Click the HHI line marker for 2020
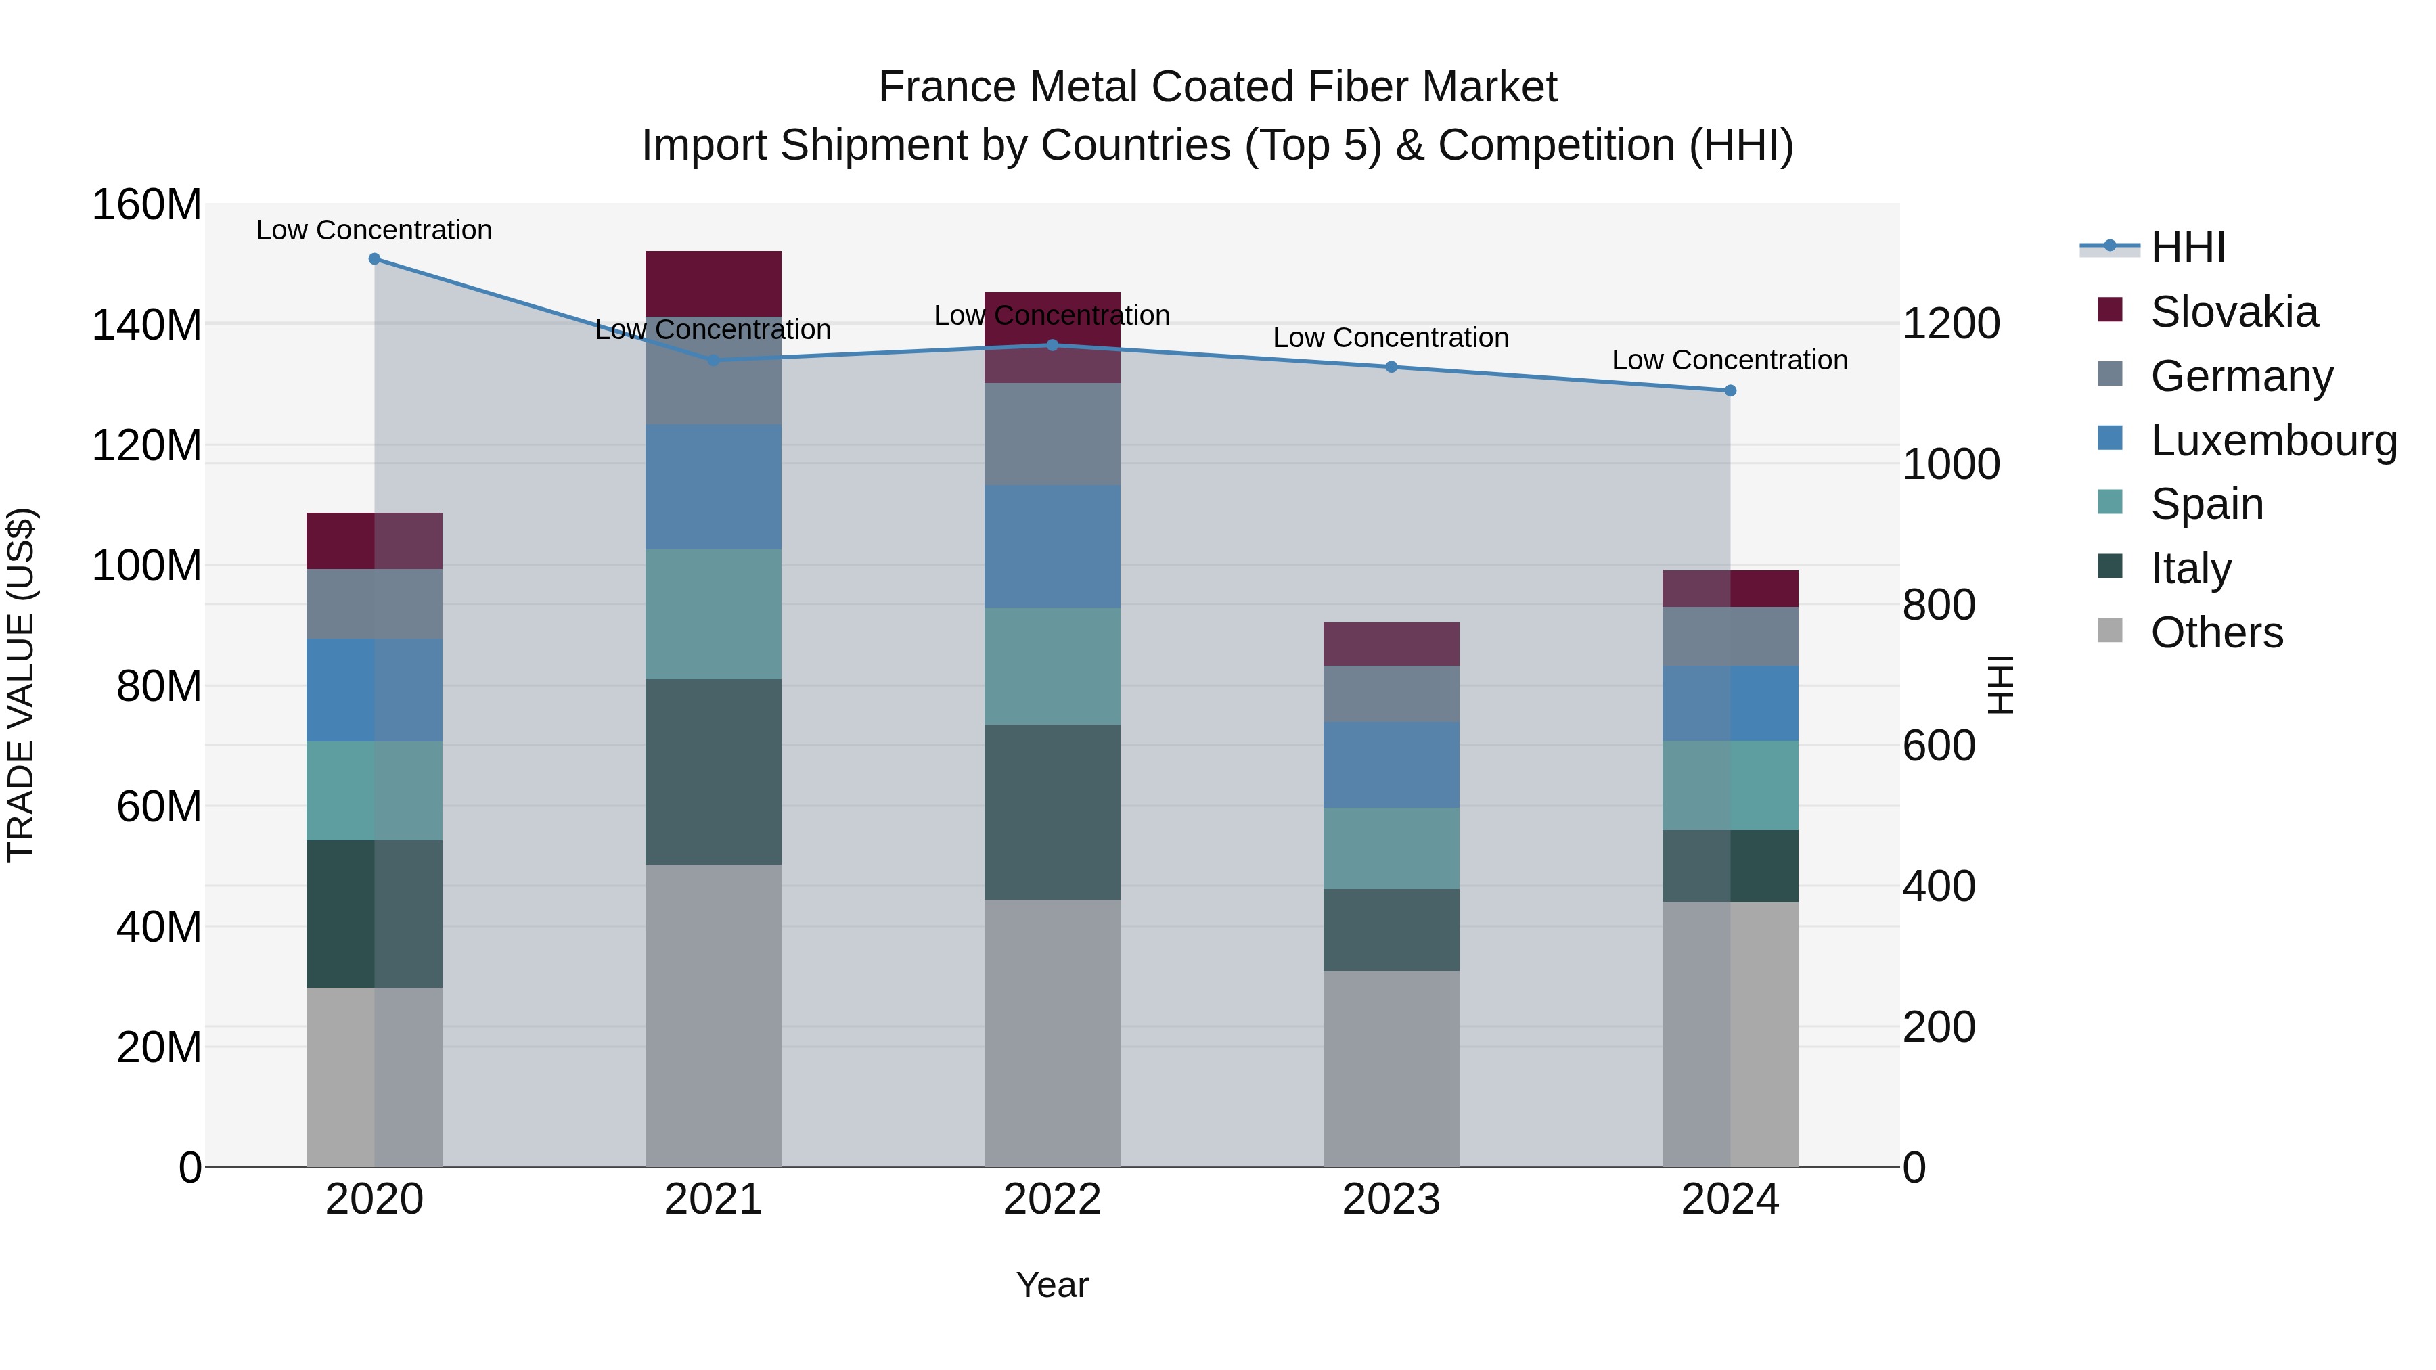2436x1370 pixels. (x=374, y=259)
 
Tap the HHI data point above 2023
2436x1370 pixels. (x=1391, y=367)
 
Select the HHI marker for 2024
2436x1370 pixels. (x=1730, y=390)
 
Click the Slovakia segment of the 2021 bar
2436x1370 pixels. (x=713, y=283)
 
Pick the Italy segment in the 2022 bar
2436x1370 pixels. (x=1052, y=812)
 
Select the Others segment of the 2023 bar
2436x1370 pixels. (x=1391, y=1068)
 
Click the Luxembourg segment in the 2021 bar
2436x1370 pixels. (x=713, y=487)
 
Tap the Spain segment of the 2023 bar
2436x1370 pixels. (x=1391, y=848)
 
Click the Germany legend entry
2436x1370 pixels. (x=2241, y=376)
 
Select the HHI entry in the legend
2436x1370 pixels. (x=2187, y=248)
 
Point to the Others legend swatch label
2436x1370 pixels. (x=2215, y=633)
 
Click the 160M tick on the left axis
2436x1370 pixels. (x=147, y=205)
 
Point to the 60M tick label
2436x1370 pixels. (x=158, y=806)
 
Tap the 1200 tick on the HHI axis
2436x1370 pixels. (x=1950, y=324)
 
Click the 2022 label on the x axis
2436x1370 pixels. (x=1052, y=1200)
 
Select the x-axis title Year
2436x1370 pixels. (x=1052, y=1285)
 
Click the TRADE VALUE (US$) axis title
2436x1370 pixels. (x=21, y=685)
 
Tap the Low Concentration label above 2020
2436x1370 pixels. (x=374, y=230)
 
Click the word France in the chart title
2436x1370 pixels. (x=947, y=87)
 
